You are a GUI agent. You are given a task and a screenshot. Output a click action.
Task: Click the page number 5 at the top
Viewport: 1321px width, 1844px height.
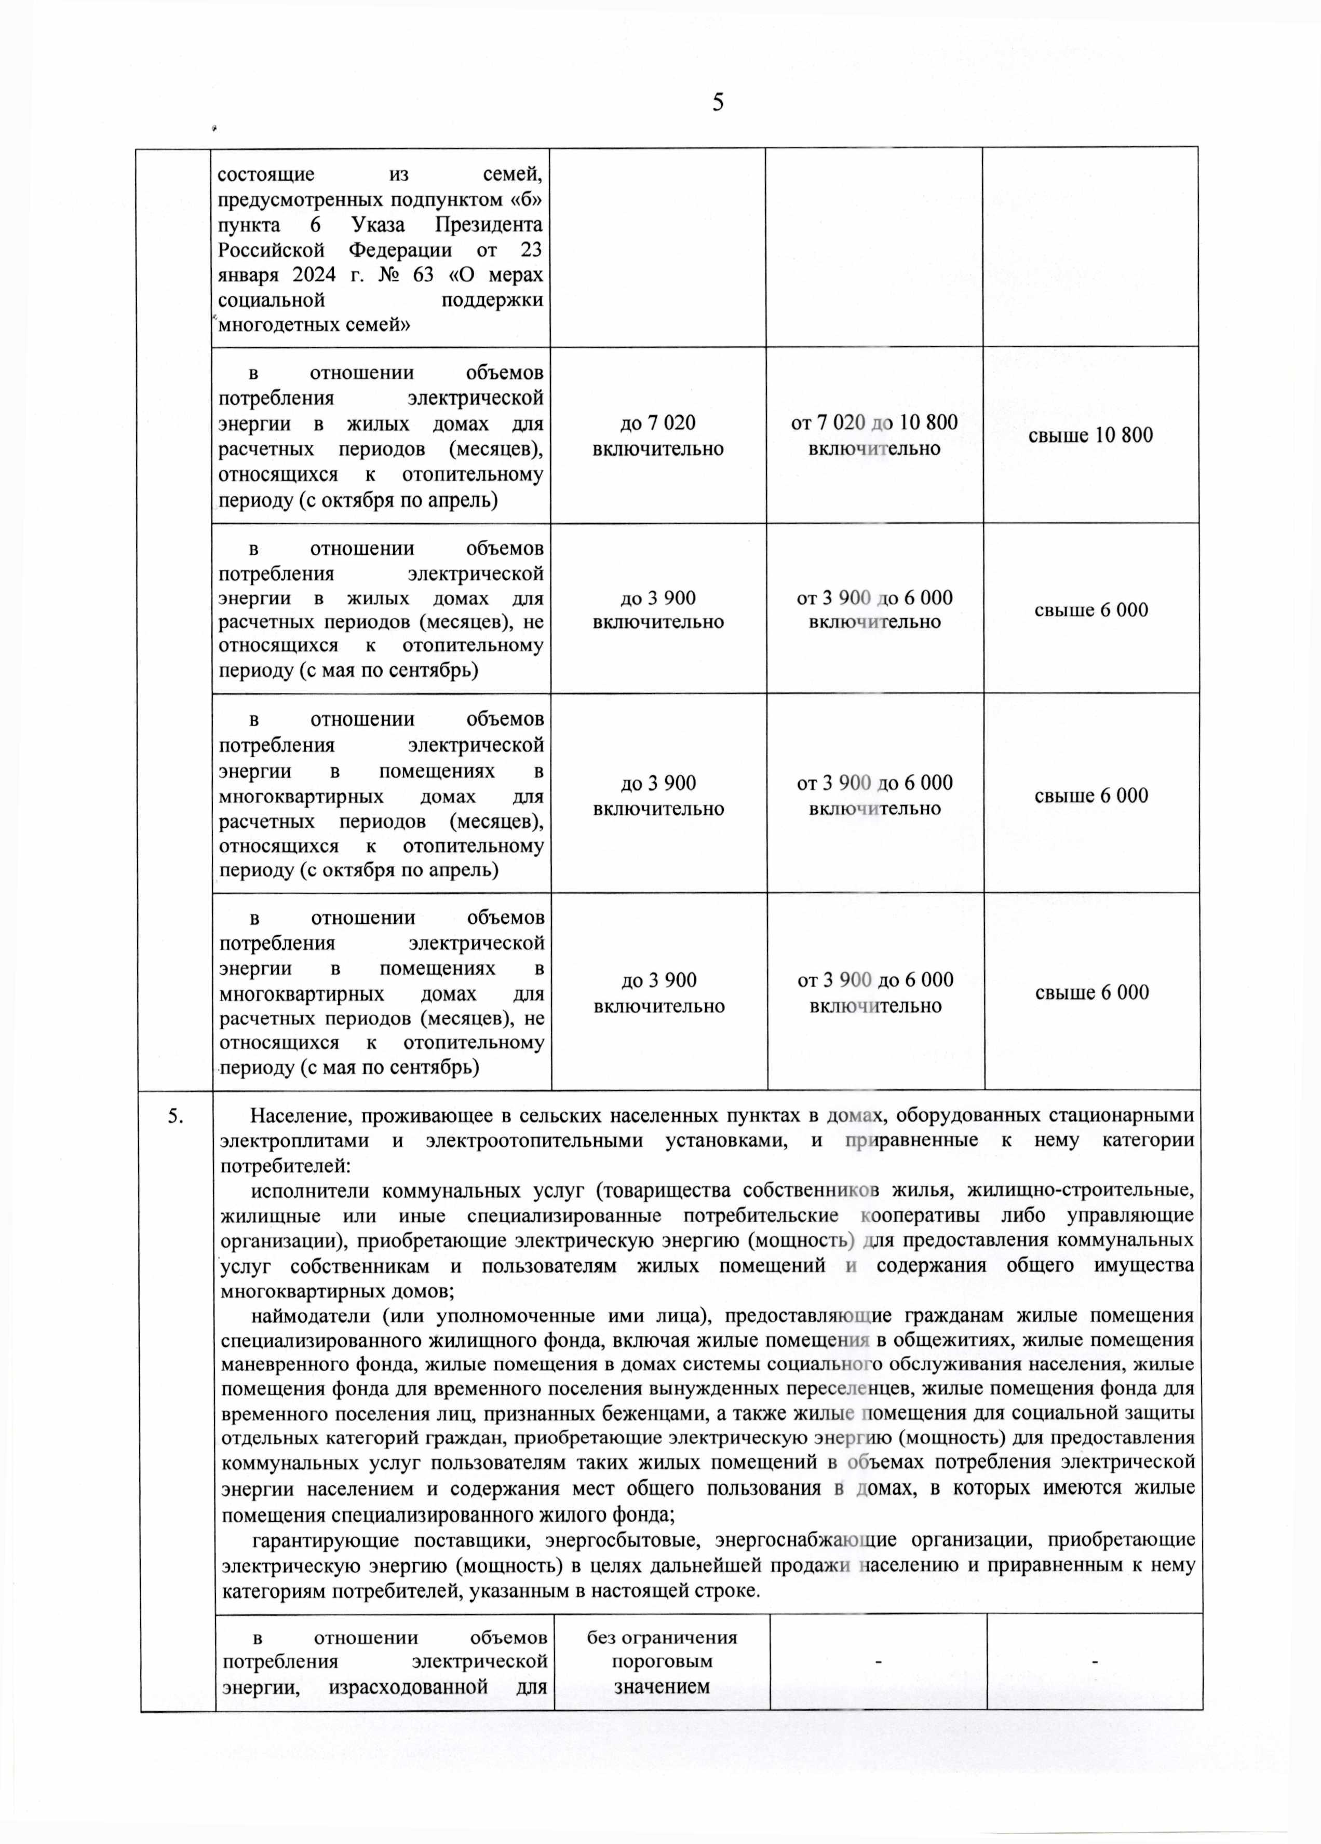(x=718, y=102)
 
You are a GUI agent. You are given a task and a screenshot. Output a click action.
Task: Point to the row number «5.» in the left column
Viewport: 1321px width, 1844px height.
(x=176, y=1116)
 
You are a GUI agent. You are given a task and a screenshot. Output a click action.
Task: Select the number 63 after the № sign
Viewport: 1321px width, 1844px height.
(x=423, y=275)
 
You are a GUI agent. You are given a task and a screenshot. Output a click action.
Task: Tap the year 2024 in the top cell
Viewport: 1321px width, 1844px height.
(x=314, y=275)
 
